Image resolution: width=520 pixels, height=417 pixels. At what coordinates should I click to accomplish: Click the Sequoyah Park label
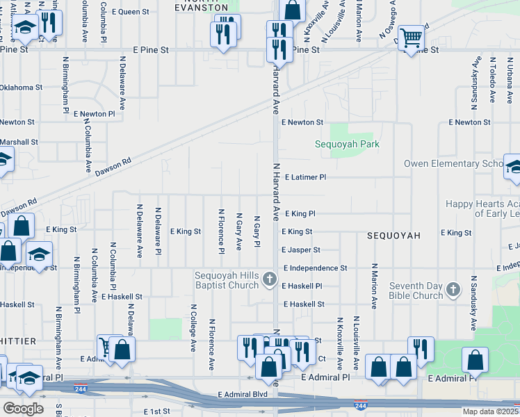347,145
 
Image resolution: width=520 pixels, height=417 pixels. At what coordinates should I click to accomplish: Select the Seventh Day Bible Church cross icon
453,289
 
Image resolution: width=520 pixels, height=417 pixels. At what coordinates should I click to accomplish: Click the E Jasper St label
301,250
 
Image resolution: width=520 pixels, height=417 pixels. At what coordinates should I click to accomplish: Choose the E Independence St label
314,268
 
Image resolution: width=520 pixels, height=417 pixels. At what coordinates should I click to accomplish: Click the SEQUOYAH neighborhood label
393,236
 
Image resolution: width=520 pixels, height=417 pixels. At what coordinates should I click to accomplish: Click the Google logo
23,408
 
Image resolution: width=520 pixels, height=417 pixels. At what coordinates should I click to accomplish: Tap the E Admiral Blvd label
243,394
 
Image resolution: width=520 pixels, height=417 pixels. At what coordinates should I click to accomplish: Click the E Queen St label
129,12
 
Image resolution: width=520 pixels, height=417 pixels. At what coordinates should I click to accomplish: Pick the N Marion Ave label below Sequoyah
374,286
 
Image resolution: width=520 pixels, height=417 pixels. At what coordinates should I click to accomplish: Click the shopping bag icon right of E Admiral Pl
476,361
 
